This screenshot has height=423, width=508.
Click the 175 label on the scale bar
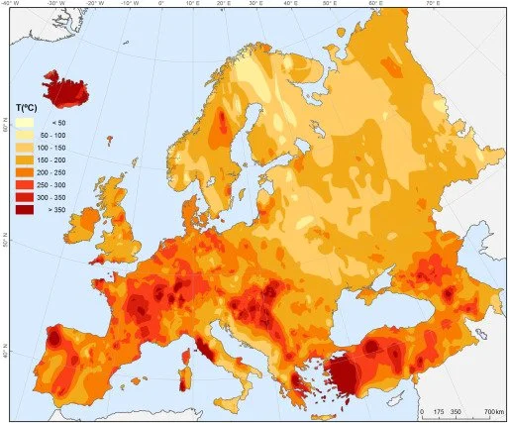pyautogui.click(x=439, y=410)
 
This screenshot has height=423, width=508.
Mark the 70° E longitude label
pyautogui.click(x=432, y=4)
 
